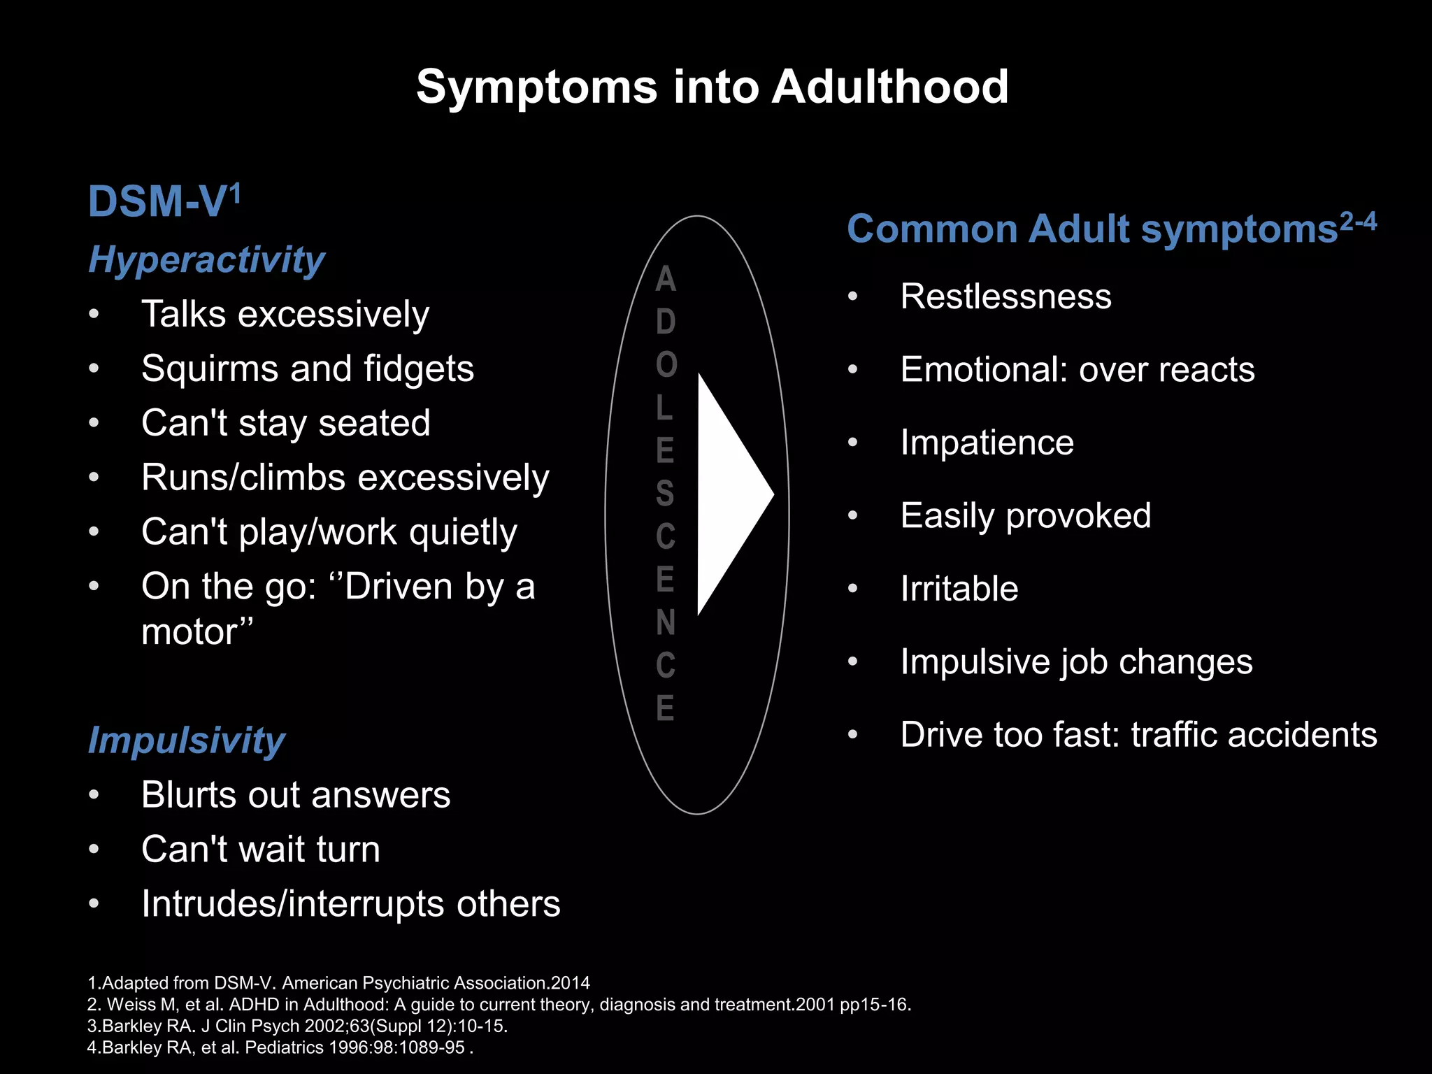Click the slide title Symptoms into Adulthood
point(712,87)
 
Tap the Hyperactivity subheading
point(206,260)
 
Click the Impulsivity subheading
point(186,740)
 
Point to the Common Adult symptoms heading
point(1091,229)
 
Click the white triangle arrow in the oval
point(731,494)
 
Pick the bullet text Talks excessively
point(285,314)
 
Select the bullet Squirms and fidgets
point(308,368)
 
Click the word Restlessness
point(1005,296)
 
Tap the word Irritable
point(959,589)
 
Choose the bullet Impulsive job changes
point(1076,661)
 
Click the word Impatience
point(987,443)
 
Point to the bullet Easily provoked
point(1025,516)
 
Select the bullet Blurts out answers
point(296,795)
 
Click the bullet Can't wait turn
point(261,850)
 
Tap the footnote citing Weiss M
point(499,1005)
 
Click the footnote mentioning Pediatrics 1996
point(280,1047)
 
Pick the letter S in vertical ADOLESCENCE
point(665,494)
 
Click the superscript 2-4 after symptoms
point(1359,222)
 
